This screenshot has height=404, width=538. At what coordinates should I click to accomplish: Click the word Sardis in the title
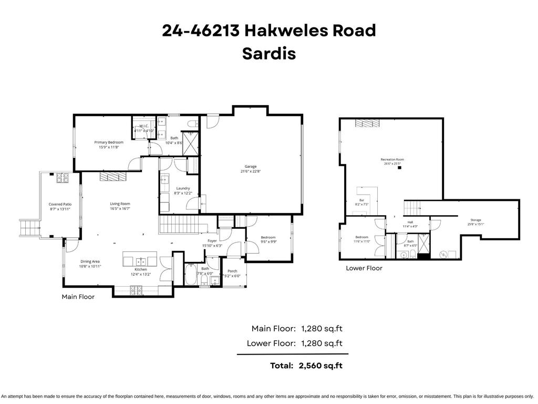(x=268, y=54)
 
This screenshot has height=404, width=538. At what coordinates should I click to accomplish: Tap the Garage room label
(x=250, y=166)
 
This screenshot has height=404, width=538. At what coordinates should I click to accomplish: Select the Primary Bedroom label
(x=109, y=142)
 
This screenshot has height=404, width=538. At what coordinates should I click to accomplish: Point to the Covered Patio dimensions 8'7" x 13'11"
(x=60, y=209)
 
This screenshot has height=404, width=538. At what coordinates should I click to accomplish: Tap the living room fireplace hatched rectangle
(x=113, y=176)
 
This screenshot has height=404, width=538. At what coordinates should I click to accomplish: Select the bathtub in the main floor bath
(x=190, y=275)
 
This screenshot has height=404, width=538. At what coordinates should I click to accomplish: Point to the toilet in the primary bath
(x=192, y=124)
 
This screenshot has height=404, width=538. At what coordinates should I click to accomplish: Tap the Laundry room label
(x=183, y=188)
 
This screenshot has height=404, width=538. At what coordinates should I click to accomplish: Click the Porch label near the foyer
(x=232, y=271)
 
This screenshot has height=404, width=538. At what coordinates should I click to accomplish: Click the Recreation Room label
(x=392, y=159)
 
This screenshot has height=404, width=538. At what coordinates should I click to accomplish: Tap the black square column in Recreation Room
(x=400, y=168)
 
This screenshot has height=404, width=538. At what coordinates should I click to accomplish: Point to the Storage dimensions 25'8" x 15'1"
(x=475, y=224)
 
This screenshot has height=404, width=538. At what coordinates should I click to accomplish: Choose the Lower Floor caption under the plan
(x=364, y=268)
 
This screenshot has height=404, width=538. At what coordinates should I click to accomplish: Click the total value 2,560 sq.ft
(x=321, y=365)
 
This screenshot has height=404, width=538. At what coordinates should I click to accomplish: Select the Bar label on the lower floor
(x=361, y=200)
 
